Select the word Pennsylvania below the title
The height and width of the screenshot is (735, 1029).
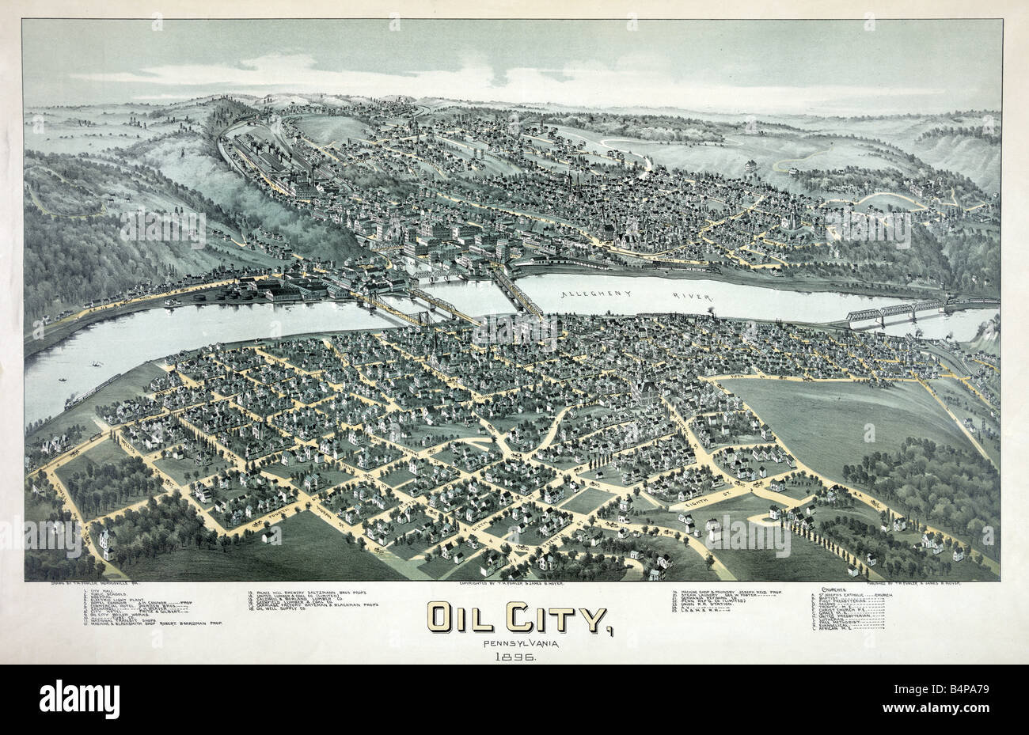coord(513,642)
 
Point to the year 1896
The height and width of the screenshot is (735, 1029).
coord(513,657)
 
